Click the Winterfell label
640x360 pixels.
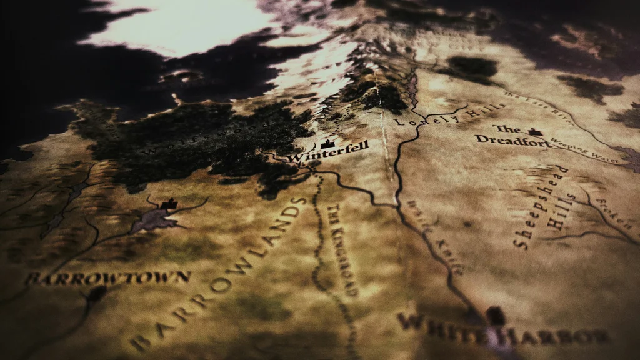click(x=328, y=152)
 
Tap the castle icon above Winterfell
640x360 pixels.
click(x=325, y=144)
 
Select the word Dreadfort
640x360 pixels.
click(x=513, y=141)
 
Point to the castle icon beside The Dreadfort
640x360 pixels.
click(x=535, y=132)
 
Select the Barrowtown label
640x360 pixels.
click(x=107, y=277)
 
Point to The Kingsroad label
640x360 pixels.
click(x=342, y=250)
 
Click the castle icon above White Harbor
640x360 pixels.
click(x=496, y=314)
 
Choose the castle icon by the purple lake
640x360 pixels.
click(x=168, y=204)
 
